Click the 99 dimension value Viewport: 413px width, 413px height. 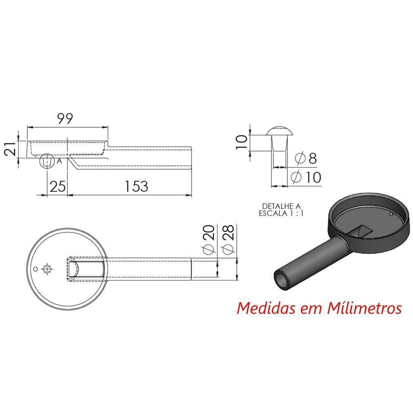pos(65,119)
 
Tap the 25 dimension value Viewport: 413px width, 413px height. pos(57,186)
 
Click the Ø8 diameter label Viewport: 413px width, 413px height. pos(306,158)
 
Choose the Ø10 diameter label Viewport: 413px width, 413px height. pos(306,178)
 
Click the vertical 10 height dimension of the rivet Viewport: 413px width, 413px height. pos(243,142)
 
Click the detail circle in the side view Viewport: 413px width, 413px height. pos(47,161)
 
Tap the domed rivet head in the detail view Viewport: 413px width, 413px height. pos(280,132)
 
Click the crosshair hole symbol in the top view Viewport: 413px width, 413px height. pos(48,269)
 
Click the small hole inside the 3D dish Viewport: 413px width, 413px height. pos(391,214)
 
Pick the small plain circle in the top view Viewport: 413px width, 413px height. pos(36,269)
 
